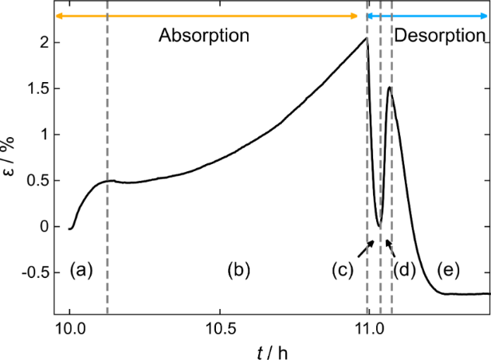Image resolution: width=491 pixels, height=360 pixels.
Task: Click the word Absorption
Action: (x=204, y=36)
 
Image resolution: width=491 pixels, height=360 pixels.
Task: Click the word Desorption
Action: (x=439, y=36)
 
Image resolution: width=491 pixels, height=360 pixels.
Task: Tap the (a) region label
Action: (x=81, y=270)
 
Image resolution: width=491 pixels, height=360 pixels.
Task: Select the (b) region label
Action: (x=238, y=270)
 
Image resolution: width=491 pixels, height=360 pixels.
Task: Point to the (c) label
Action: (x=344, y=270)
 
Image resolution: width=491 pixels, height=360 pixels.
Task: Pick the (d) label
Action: (x=405, y=270)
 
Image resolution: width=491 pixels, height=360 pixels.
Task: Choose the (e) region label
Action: (x=448, y=270)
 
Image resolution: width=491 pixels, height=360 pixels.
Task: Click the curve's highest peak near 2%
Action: (x=366, y=38)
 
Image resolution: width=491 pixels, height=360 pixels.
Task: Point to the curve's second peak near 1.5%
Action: (x=389, y=88)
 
